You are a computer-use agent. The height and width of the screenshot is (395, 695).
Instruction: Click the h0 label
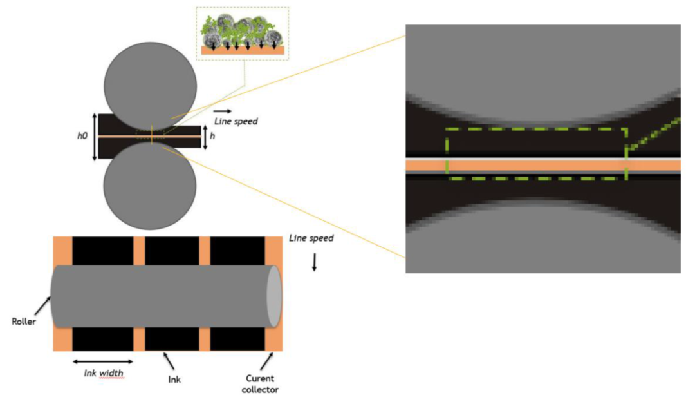pos(82,136)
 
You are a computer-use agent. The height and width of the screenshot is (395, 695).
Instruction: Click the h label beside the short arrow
pos(212,136)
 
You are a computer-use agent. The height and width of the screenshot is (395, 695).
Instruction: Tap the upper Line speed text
pos(236,121)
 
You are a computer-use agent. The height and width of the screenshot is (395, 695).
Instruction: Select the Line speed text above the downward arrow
pos(311,238)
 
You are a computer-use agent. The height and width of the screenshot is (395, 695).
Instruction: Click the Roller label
pos(24,322)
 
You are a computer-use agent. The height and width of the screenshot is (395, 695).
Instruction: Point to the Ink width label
pos(103,373)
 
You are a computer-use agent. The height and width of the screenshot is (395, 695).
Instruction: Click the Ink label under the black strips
pos(174,380)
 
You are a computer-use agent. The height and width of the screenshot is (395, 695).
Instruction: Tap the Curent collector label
pos(260,384)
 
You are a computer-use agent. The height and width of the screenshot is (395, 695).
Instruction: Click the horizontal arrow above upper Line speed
pos(223,111)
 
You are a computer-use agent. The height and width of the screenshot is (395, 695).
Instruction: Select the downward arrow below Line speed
pos(314,262)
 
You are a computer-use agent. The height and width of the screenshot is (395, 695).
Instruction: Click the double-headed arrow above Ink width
pos(103,361)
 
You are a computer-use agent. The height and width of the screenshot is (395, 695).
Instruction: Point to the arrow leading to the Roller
pos(42,306)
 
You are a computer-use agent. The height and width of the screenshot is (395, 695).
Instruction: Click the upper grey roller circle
pos(150,86)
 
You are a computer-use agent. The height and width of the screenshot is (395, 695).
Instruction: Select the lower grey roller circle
pos(150,186)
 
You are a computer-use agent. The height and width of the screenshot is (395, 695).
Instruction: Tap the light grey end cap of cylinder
pos(273,296)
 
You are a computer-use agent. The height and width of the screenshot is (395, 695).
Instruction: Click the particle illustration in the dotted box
pos(242,34)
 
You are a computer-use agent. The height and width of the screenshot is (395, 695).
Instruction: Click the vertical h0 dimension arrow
pos(95,137)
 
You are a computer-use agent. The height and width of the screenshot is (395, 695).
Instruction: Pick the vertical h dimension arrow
pos(205,138)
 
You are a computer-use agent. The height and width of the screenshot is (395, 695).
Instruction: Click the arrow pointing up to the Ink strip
pos(169,361)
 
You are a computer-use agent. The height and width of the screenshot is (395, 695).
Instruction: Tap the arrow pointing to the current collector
pos(266,360)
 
